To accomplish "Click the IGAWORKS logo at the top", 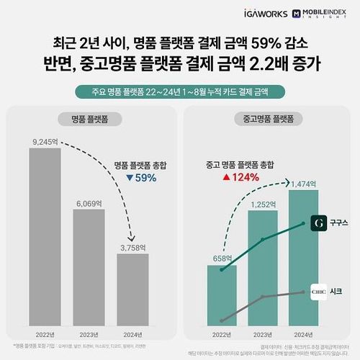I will tap(245, 14).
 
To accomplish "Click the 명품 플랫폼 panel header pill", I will tap(89, 119).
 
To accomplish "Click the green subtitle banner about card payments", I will tap(179, 91).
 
